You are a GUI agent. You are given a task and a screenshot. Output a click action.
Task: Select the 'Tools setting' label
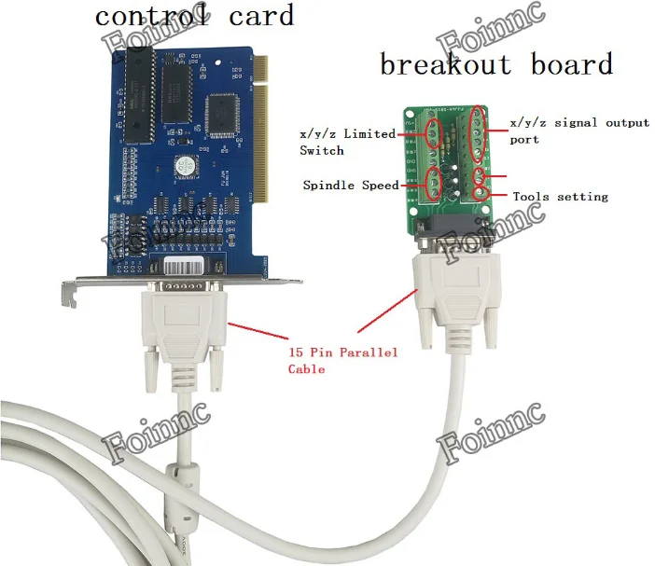(x=560, y=197)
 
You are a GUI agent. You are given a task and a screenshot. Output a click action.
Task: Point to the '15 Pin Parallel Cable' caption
(x=341, y=360)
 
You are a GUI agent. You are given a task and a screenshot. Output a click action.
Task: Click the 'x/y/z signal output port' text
(x=578, y=130)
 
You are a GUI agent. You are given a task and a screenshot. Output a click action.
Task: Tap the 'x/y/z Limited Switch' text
(x=347, y=142)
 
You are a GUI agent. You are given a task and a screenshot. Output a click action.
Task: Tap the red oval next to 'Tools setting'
(x=481, y=194)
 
